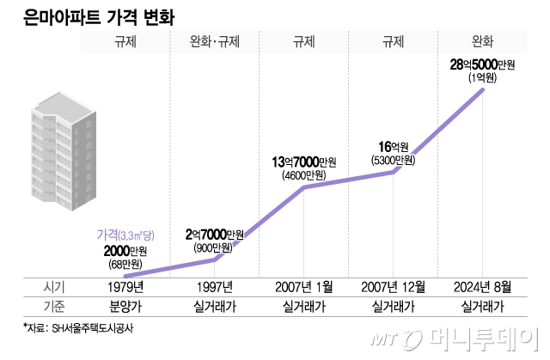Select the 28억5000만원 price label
482,64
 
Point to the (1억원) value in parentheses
482,78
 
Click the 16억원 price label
393,147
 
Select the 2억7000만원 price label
214,234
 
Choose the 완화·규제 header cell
214,40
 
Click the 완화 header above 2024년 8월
482,40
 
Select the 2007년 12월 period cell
393,286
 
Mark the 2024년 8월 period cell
482,286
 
